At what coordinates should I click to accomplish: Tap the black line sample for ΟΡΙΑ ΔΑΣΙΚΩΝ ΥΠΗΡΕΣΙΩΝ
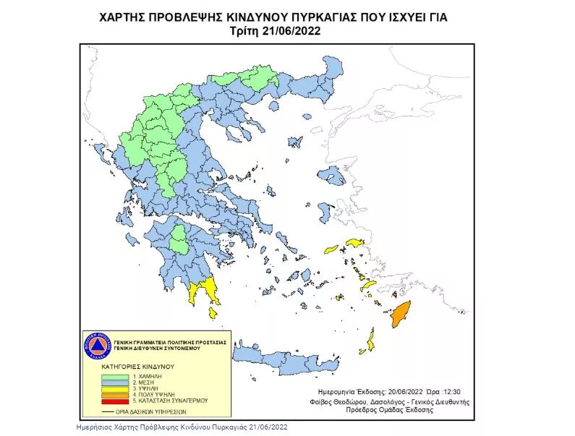(108, 412)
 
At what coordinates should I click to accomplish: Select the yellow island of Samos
(354, 243)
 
